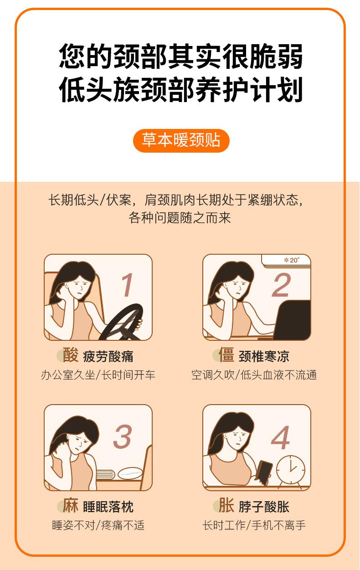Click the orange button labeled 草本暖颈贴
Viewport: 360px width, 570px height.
pos(181,140)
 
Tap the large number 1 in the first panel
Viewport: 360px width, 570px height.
pos(128,285)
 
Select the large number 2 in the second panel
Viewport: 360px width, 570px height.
pos(281,285)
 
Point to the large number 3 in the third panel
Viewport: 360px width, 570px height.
pos(122,436)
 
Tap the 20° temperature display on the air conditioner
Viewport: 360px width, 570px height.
pos(292,260)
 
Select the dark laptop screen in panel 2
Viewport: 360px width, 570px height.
pos(294,319)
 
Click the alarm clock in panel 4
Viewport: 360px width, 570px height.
pos(290,472)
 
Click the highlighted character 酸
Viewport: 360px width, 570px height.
pos(70,354)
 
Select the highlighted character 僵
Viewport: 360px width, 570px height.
pos(226,354)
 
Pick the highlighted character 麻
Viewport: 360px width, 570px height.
pos(70,505)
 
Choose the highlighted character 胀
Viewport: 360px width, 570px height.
pos(226,505)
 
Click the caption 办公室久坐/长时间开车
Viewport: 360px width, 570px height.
pos(98,375)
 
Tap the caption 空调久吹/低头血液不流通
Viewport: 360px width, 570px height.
pos(254,375)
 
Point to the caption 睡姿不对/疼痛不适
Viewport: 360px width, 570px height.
pos(98,525)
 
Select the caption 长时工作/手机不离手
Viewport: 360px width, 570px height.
pos(254,525)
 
